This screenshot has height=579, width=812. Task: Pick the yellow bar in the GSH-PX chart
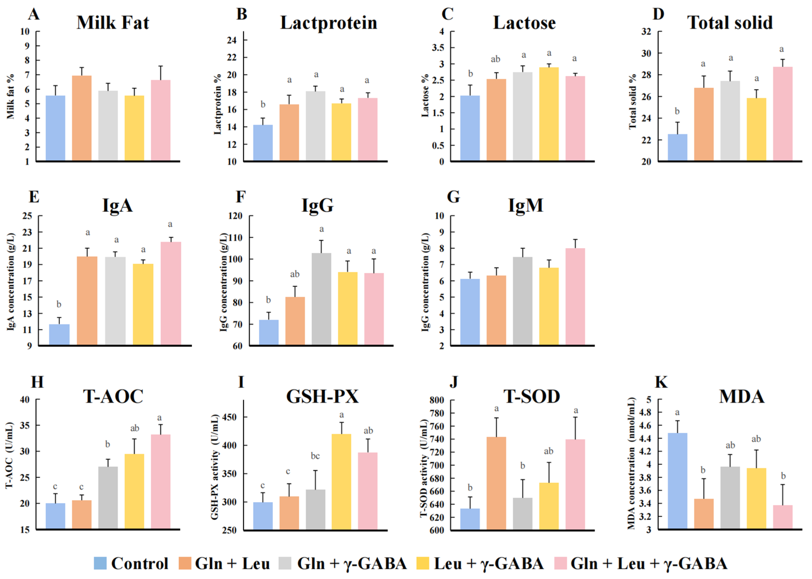[341, 481]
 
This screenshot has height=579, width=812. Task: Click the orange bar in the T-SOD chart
[496, 483]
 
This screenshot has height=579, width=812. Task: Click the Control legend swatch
[100, 563]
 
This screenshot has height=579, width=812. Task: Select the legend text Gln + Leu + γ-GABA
[649, 563]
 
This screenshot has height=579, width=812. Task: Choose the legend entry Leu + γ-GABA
[489, 563]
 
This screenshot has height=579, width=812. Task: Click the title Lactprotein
[328, 23]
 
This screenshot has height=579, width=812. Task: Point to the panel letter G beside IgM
[453, 197]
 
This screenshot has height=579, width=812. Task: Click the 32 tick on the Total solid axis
[646, 32]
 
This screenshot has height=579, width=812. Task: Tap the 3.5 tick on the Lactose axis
[438, 48]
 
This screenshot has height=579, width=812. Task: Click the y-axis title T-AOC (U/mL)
[9, 455]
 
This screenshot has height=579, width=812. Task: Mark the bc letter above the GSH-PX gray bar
[315, 456]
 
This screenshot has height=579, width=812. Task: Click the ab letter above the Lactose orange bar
[495, 59]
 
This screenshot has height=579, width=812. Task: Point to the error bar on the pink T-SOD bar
[575, 428]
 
